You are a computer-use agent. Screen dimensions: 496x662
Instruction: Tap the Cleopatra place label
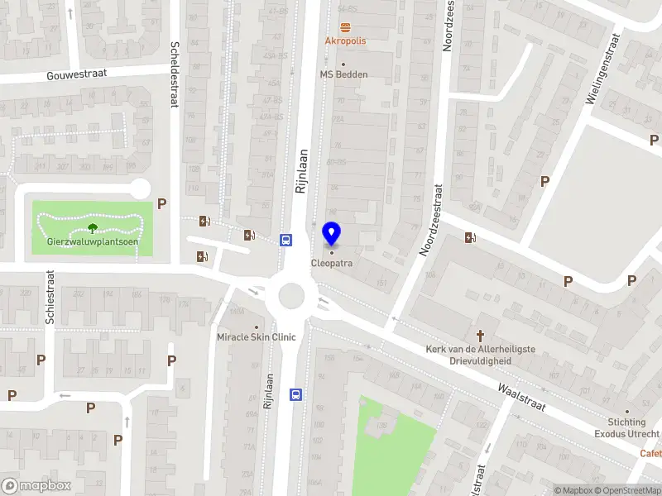(x=331, y=264)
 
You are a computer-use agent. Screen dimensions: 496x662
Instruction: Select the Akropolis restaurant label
(x=345, y=40)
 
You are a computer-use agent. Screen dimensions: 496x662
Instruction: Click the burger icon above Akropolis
(x=345, y=26)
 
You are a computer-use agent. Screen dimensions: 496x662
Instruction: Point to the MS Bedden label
(x=343, y=74)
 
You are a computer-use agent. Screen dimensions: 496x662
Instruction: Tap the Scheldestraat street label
(x=174, y=74)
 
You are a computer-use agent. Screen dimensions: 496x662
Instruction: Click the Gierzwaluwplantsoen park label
(x=92, y=242)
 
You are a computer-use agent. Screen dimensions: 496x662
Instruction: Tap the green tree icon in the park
(x=92, y=227)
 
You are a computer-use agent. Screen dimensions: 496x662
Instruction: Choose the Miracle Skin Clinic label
(x=256, y=337)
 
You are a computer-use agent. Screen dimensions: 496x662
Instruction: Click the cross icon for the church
(x=480, y=336)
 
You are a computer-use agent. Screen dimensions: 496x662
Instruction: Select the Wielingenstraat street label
(x=602, y=69)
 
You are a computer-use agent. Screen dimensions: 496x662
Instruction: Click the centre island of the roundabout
(x=291, y=293)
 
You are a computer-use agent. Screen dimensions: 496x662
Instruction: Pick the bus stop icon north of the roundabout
(x=286, y=240)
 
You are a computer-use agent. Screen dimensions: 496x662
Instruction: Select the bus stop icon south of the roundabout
(x=295, y=394)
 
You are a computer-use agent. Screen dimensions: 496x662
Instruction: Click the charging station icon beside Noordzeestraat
(x=470, y=238)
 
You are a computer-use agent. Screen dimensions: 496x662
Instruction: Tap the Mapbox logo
(x=36, y=485)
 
